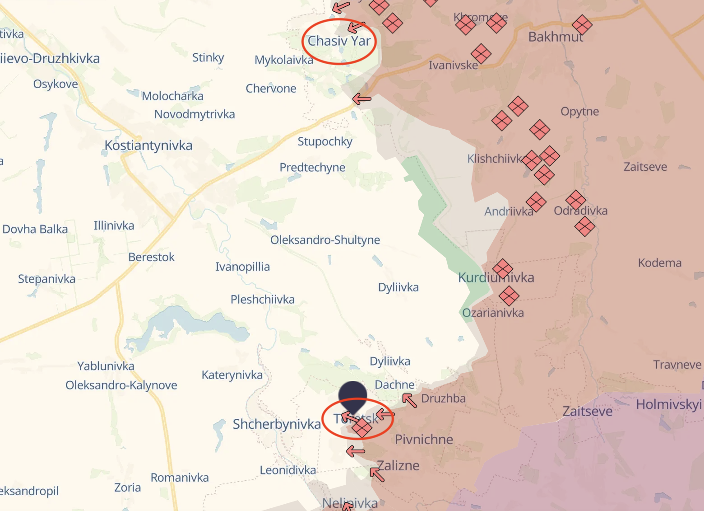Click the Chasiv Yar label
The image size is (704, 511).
(339, 41)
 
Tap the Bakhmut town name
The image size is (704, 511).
(556, 37)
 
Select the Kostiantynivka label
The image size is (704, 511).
(148, 145)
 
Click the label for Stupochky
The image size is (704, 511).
(325, 141)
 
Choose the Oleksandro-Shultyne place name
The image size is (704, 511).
(325, 240)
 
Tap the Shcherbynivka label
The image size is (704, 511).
(277, 424)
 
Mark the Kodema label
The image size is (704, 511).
(660, 263)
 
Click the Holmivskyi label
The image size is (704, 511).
(669, 404)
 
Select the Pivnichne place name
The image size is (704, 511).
(424, 440)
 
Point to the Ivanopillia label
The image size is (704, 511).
(242, 267)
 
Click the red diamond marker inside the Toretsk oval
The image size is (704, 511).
(362, 427)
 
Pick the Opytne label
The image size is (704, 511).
(580, 112)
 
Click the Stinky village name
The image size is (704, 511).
(208, 58)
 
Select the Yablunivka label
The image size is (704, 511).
(106, 366)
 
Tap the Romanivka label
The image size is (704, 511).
(180, 478)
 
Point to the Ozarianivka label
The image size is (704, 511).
(493, 313)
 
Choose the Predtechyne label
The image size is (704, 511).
(312, 168)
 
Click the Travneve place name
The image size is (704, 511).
(677, 365)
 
